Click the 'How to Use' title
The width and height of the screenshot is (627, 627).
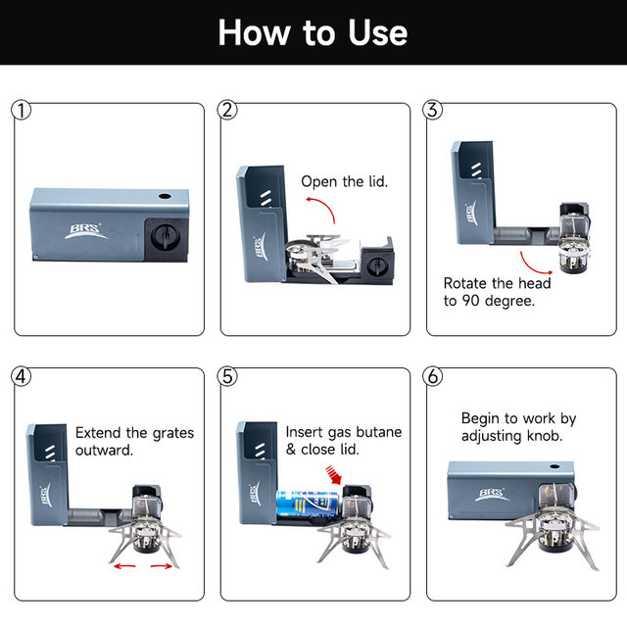313,32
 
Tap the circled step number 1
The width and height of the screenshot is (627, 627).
22,111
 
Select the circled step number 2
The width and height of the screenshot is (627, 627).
227,110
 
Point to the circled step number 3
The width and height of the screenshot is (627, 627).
433,110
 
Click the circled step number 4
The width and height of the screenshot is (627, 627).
22,376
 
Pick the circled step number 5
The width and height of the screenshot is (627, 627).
227,376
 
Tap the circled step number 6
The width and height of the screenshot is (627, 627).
433,376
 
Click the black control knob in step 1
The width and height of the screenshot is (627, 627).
165,237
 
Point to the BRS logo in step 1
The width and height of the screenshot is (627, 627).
85,231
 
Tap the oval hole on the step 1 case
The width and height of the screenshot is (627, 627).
165,196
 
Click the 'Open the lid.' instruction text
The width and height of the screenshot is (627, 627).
344,182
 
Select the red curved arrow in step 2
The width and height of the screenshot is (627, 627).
322,207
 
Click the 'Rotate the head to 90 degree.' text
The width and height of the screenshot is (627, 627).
497,292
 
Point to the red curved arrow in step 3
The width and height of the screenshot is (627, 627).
532,265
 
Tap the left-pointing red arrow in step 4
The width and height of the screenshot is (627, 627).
124,566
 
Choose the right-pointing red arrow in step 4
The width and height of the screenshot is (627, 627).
162,566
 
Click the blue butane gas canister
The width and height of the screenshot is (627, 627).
308,504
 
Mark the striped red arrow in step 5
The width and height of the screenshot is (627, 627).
334,474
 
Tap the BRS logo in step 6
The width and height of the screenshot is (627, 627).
492,494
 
